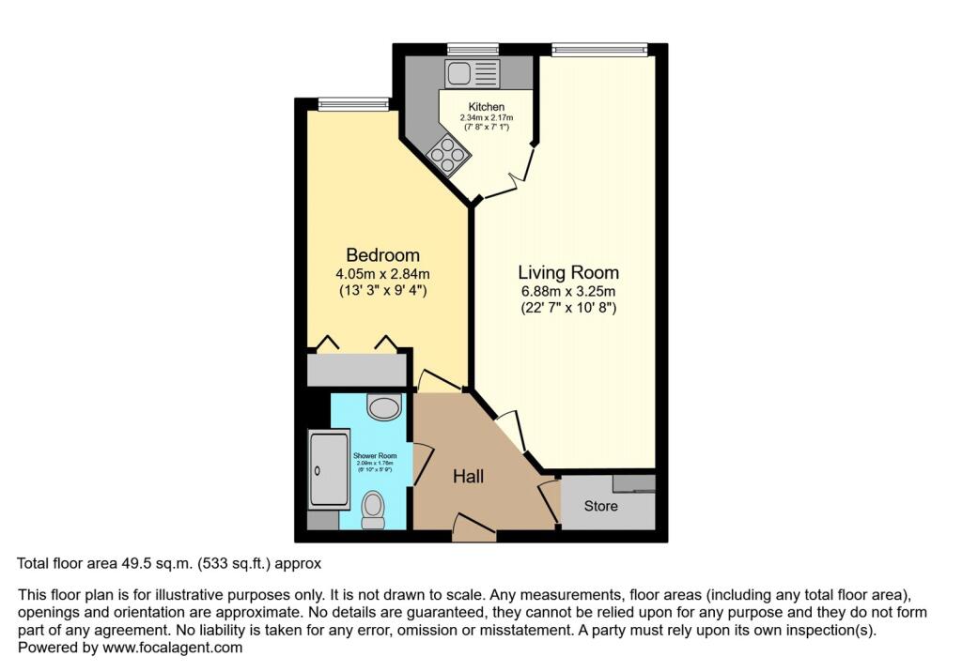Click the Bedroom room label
pos(382,255)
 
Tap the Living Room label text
pos(568,273)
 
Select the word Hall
pos(468,477)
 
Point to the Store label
pos(601,506)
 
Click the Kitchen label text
pos(487,107)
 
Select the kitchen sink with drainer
pos(473,73)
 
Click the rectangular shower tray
pos(329,468)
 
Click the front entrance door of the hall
pos(473,529)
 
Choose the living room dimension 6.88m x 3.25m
pos(568,292)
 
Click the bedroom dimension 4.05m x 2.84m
pos(382,274)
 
